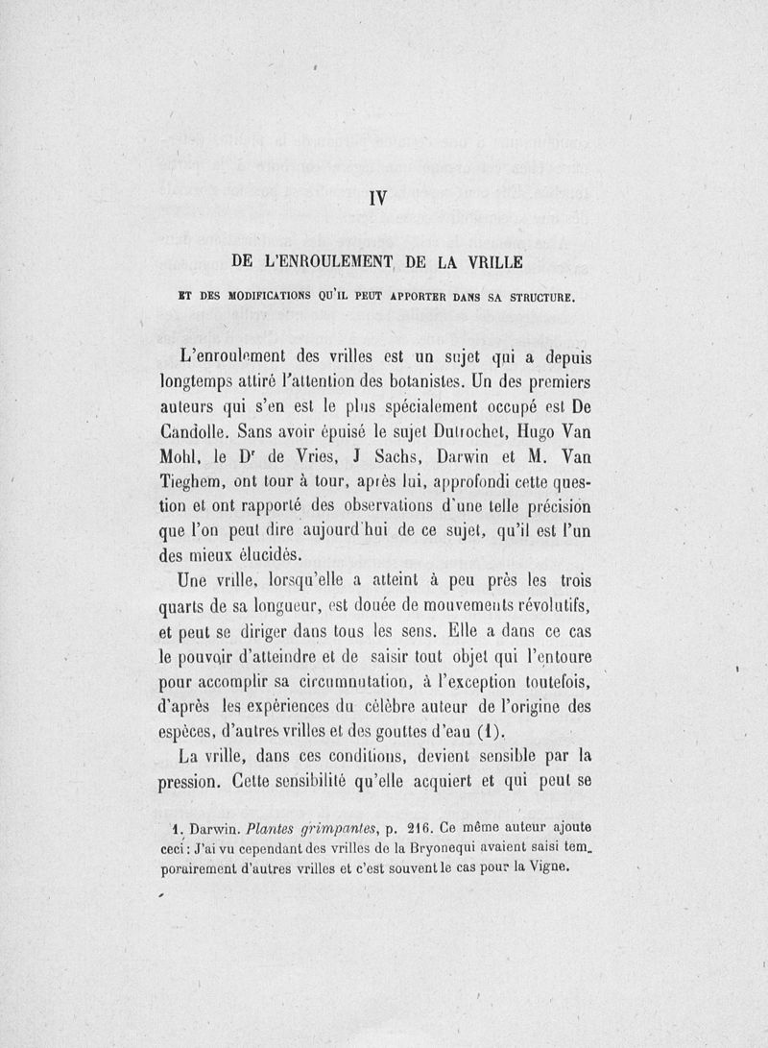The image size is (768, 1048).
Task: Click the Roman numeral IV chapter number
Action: coord(376,201)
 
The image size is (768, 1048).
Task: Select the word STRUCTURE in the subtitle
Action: coord(535,298)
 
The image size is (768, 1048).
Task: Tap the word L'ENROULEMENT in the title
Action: coord(305,262)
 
